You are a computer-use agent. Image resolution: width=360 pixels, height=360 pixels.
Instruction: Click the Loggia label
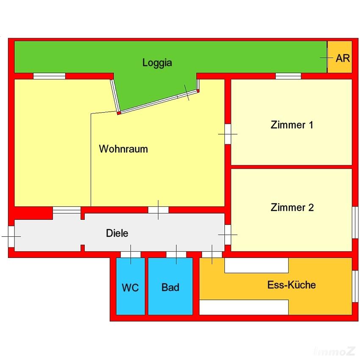coord(157,63)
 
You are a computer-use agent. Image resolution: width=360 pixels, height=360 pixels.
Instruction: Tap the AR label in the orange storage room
coord(343,58)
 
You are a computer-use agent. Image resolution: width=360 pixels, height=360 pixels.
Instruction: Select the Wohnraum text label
coord(123,149)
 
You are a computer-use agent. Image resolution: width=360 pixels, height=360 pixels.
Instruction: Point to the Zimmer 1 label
coord(292,125)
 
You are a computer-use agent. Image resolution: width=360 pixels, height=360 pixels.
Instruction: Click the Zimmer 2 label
coord(292,208)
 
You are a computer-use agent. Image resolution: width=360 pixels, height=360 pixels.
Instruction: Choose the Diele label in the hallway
coord(117,233)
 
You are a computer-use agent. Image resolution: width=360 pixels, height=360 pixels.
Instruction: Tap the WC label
coord(130,288)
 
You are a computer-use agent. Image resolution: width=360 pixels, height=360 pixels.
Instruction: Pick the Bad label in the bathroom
coord(170,288)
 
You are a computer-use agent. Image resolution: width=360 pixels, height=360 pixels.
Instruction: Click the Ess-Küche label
coord(291,285)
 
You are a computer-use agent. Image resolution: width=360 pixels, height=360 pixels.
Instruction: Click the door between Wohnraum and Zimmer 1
coord(228,134)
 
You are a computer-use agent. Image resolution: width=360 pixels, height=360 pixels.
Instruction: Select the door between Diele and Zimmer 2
coord(228,235)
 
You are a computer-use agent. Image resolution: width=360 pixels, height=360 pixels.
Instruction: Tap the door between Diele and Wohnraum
coord(158,210)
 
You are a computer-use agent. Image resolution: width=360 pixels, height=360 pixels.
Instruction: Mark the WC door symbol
coord(130,254)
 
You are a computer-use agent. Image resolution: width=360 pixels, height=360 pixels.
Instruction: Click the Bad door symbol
coord(176,254)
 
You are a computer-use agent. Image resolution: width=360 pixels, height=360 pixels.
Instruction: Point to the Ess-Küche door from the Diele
coord(211,254)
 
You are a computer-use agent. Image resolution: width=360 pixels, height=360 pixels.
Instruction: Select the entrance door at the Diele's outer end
coord(11,236)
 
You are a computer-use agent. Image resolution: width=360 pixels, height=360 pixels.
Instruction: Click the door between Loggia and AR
coord(327,58)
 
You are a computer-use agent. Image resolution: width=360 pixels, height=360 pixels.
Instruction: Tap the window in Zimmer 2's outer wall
coord(355,222)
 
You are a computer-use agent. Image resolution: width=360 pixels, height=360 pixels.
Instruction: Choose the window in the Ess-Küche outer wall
coord(355,286)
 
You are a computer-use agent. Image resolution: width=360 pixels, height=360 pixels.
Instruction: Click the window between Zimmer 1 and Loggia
coord(288,76)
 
